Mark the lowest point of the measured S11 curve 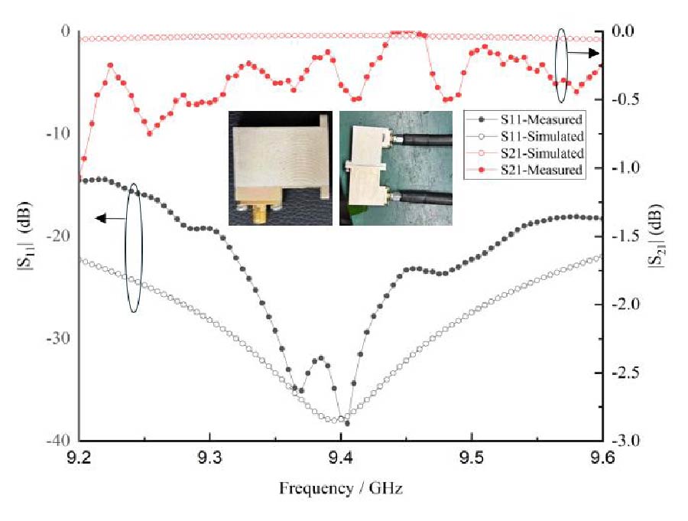346,423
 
